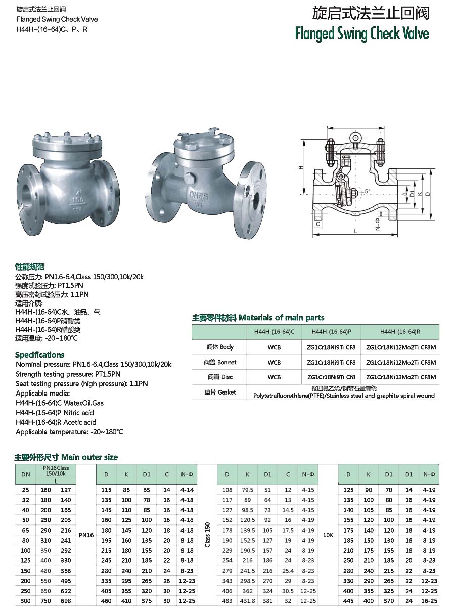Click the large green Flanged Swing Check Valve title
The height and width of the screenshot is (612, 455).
point(362,33)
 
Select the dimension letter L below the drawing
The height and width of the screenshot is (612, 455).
point(356,231)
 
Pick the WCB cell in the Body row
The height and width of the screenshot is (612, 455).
point(274,347)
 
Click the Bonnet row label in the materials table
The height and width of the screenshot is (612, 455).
point(221,362)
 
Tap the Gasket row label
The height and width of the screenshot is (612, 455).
point(221,392)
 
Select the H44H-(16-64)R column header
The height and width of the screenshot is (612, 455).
point(400,332)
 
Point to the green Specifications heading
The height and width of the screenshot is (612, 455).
point(39,355)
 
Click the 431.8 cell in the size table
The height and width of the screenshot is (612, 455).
point(247,601)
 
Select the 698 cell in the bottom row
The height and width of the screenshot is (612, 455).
point(65,601)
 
